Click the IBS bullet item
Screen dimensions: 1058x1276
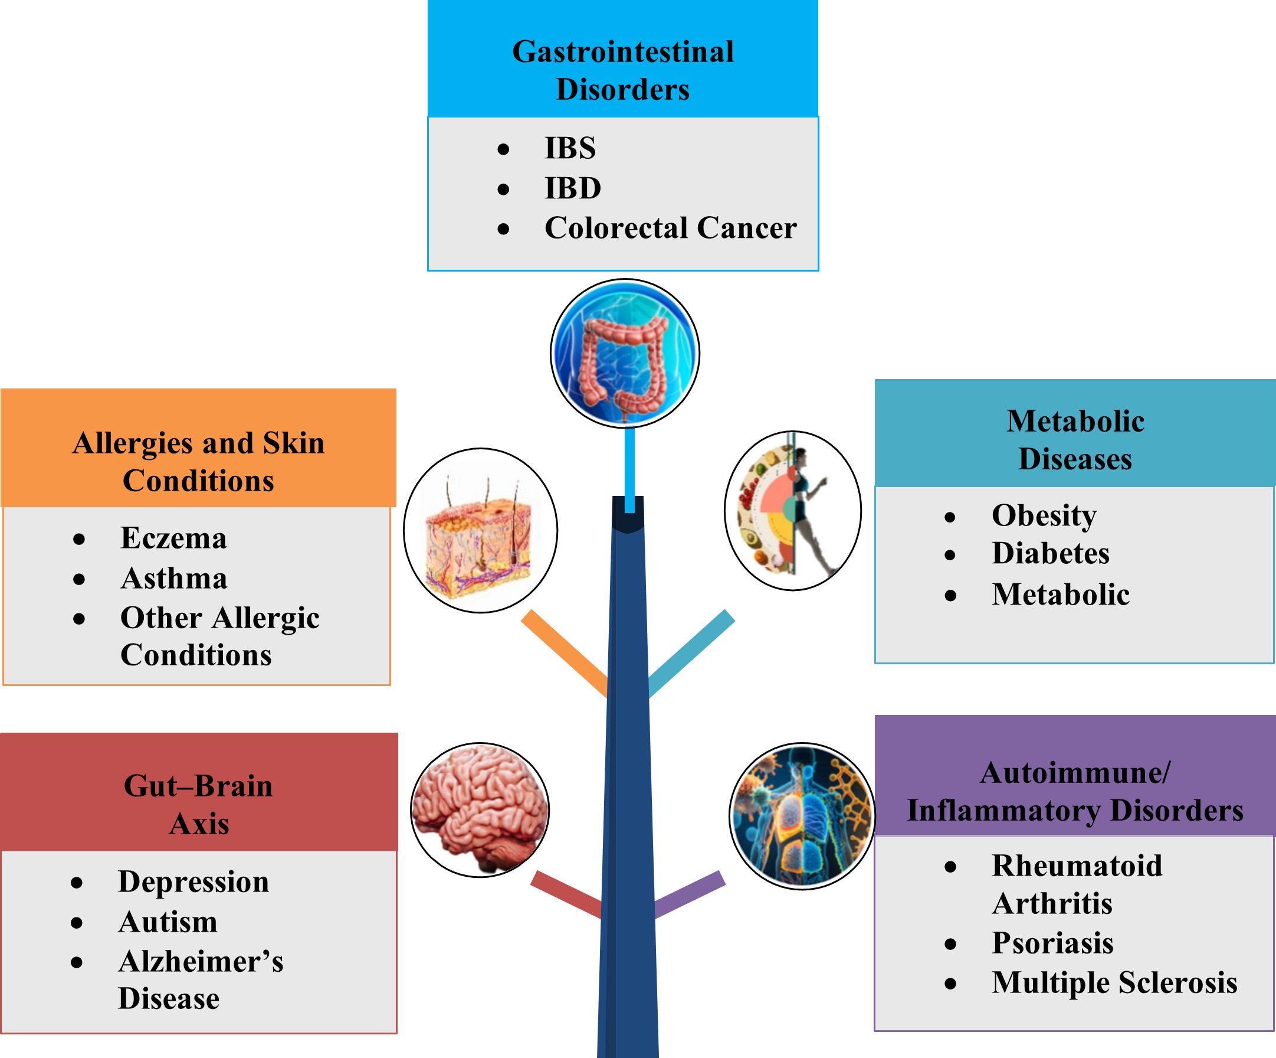click(x=569, y=148)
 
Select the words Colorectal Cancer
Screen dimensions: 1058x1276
click(x=670, y=228)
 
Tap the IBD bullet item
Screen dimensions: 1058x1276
click(x=572, y=188)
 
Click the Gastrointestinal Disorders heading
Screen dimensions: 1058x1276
click(x=622, y=70)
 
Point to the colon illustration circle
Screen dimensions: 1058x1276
click(x=625, y=353)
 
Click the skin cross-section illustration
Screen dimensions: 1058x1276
click(x=480, y=530)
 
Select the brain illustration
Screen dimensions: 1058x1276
click(x=480, y=809)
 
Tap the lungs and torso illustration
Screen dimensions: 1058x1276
click(x=802, y=815)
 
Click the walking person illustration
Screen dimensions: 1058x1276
click(x=793, y=511)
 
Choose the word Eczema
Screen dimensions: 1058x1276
click(x=173, y=538)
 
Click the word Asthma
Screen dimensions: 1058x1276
click(x=174, y=578)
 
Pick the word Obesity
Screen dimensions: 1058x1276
click(x=1044, y=515)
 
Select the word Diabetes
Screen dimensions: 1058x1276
click(x=1050, y=553)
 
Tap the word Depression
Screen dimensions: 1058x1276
click(x=193, y=881)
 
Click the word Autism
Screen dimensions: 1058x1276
click(x=168, y=922)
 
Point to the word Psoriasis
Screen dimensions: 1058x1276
click(x=1052, y=943)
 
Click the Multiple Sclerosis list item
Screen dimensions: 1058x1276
click(x=1114, y=982)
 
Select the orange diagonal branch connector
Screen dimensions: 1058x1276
click(x=564, y=653)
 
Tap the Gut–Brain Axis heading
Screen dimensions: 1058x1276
click(x=198, y=805)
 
